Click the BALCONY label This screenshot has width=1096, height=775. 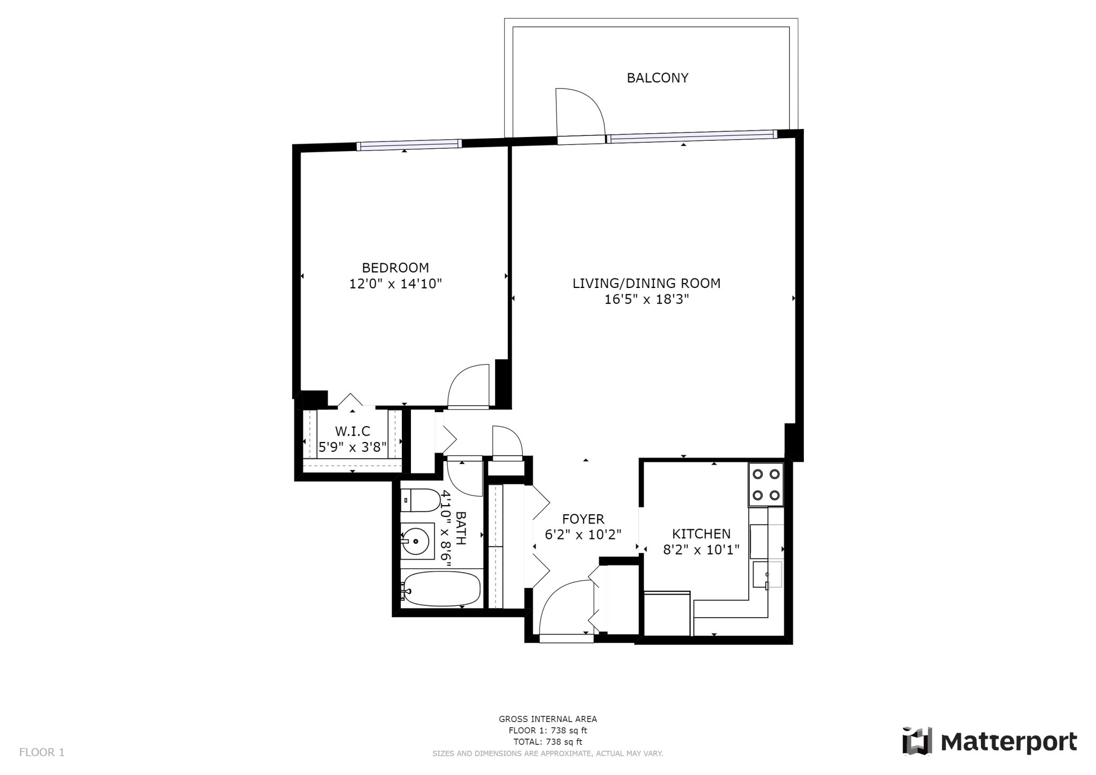[x=657, y=78]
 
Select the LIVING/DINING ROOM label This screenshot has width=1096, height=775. [x=646, y=283]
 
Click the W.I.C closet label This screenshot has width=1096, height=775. [x=352, y=431]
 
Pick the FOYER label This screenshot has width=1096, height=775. [x=583, y=519]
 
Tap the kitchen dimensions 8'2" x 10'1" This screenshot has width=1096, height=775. [x=701, y=550]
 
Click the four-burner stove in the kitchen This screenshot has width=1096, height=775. [x=765, y=485]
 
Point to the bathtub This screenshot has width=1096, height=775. [x=441, y=589]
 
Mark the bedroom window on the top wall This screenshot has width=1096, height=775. [x=409, y=145]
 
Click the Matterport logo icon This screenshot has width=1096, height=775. [x=917, y=742]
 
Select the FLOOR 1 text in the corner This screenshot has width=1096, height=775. [x=42, y=753]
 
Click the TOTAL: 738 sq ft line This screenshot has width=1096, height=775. [x=547, y=742]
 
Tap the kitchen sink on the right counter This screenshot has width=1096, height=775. [x=767, y=575]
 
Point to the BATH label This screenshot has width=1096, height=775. [x=461, y=528]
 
